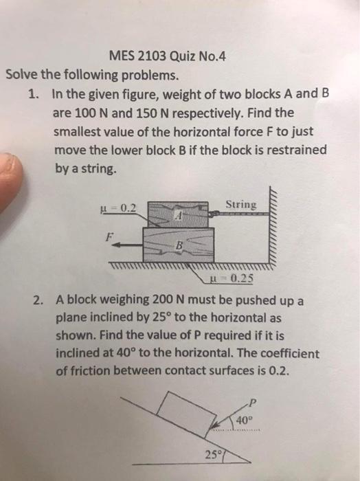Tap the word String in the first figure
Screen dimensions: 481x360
(240, 205)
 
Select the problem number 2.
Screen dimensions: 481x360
(38, 300)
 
